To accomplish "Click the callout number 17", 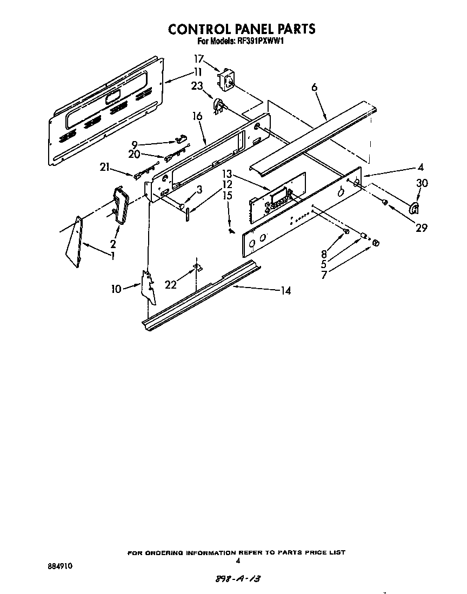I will pyautogui.click(x=200, y=58).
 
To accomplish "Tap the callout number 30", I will pyautogui.click(x=422, y=184).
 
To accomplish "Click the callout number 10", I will pyautogui.click(x=116, y=289).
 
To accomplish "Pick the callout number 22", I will pyautogui.click(x=171, y=284).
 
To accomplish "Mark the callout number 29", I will pyautogui.click(x=422, y=228).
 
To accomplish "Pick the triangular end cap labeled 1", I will pyautogui.click(x=73, y=242).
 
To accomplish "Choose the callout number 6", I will pyautogui.click(x=315, y=88).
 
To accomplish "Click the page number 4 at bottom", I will pyautogui.click(x=238, y=560).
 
